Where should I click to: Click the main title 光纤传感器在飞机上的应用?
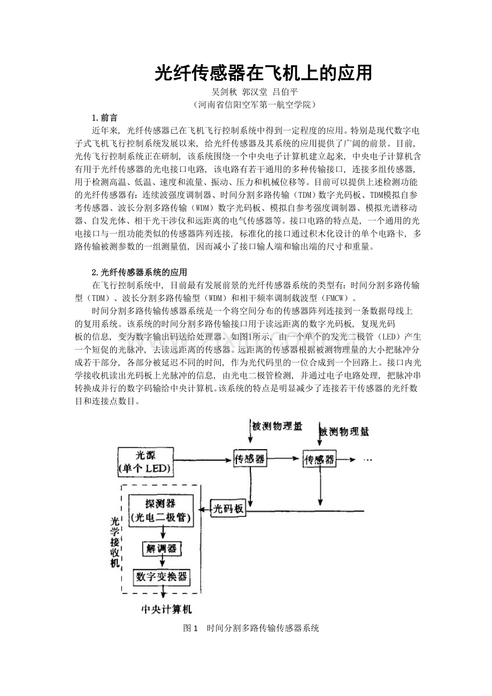coord(263,73)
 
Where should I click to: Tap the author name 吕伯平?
coord(286,91)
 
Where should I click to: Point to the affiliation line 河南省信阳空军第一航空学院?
coord(256,104)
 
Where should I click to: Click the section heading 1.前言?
coord(105,118)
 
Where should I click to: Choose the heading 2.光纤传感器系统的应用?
coord(140,272)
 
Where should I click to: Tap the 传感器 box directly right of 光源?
coord(250,459)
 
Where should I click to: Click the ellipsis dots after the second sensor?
coord(367,459)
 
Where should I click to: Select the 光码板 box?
coord(229,509)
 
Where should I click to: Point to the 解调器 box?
coord(161,548)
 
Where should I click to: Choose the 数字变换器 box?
coord(161,576)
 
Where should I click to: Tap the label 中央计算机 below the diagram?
coord(166,609)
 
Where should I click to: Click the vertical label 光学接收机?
coord(114,543)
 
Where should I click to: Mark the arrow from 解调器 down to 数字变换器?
coord(161,561)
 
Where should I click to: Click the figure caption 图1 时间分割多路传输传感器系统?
coord(251,628)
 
